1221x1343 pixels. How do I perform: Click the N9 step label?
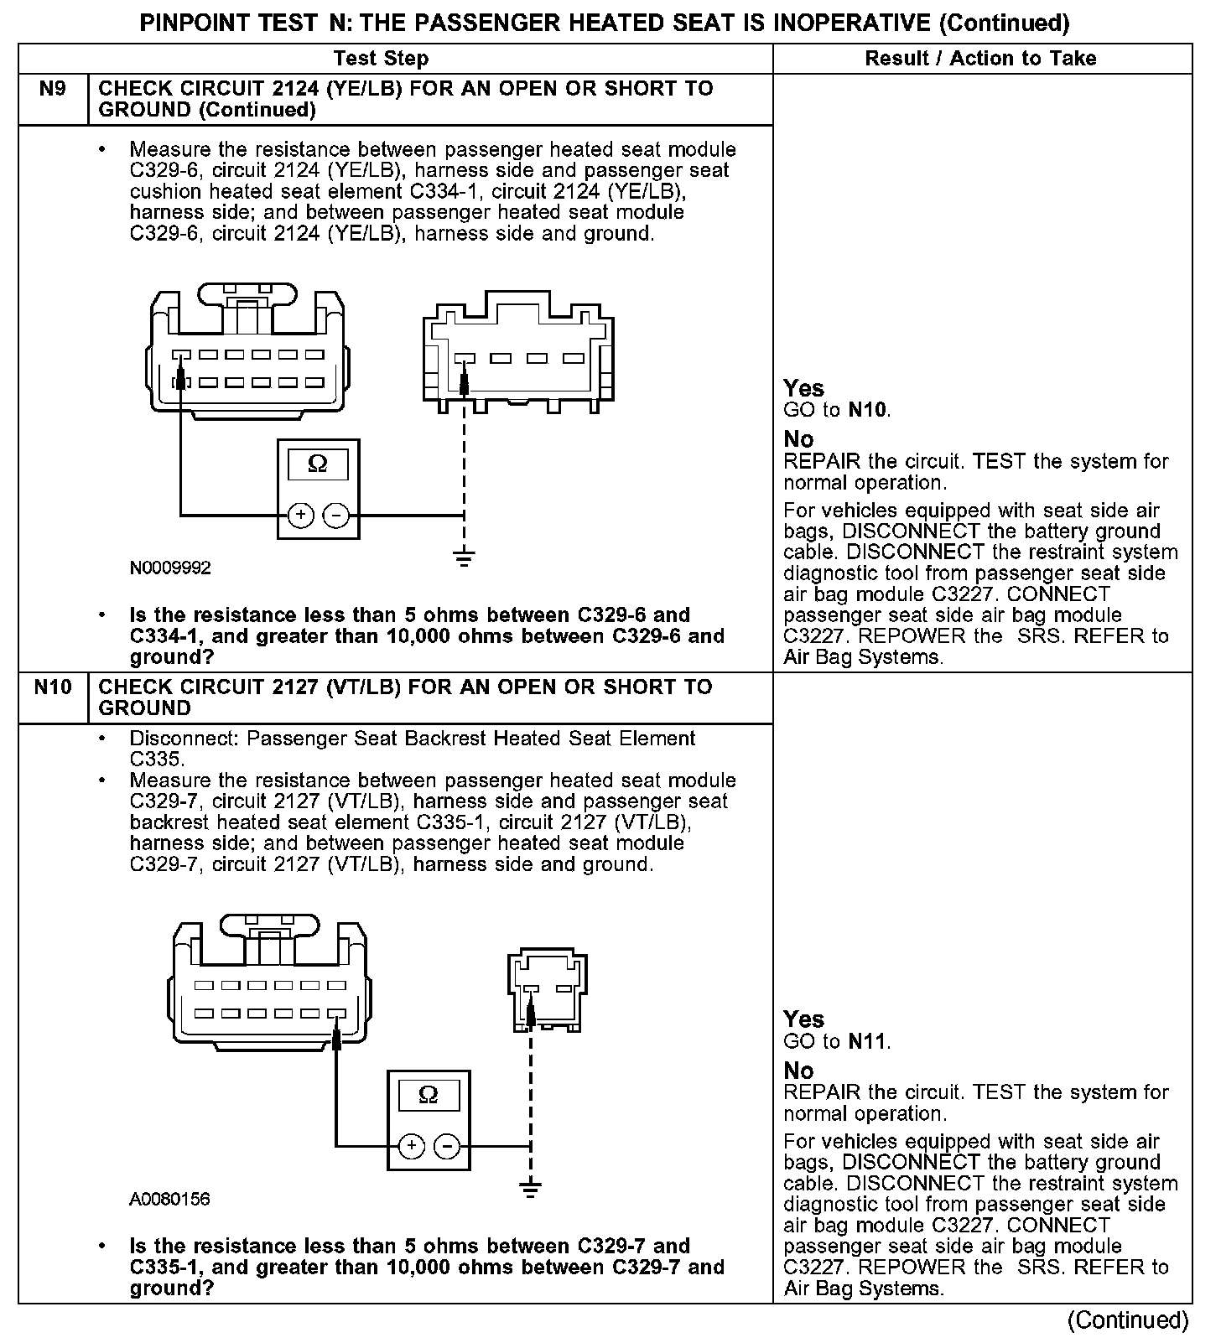click(x=52, y=89)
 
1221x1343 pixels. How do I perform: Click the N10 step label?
click(x=52, y=687)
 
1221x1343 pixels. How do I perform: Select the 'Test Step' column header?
click(x=381, y=59)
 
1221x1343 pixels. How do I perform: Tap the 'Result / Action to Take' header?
click(x=980, y=59)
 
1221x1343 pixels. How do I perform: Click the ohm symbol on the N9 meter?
click(x=318, y=464)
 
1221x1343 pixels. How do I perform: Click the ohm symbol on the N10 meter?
click(x=428, y=1095)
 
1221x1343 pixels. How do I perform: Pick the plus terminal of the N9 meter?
click(x=299, y=515)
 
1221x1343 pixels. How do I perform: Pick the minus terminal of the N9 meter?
click(x=335, y=515)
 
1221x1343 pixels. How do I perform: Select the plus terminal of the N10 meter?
click(x=410, y=1146)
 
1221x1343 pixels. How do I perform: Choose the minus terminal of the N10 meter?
click(x=447, y=1146)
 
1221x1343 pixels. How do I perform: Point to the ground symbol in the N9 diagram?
click(x=464, y=557)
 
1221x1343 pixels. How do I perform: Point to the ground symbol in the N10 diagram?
click(x=530, y=1188)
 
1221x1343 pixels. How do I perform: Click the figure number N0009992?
click(x=170, y=568)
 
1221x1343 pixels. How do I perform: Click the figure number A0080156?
click(x=169, y=1200)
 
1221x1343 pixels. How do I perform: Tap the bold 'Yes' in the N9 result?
click(x=803, y=388)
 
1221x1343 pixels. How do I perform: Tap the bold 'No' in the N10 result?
click(x=798, y=1071)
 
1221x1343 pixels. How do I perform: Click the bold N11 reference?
click(x=867, y=1042)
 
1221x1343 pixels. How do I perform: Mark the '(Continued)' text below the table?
click(x=1128, y=1320)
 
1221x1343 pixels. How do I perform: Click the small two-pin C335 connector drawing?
click(x=547, y=989)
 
